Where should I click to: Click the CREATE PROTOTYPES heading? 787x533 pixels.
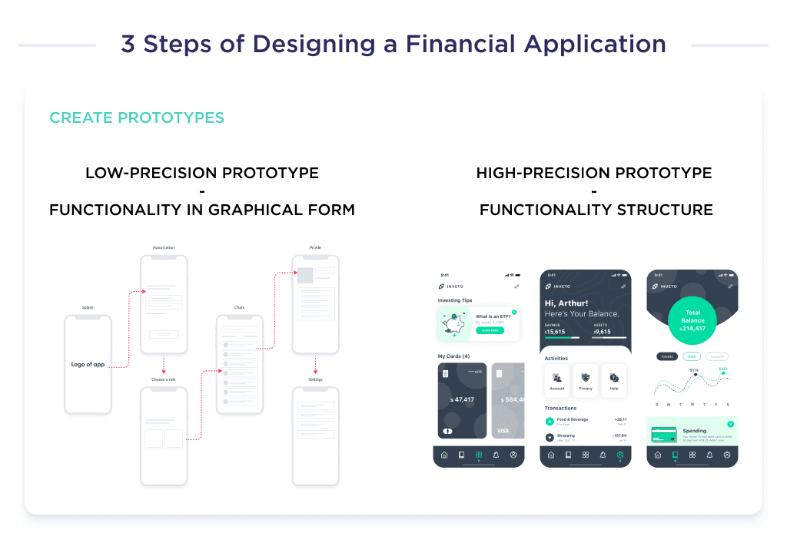click(137, 118)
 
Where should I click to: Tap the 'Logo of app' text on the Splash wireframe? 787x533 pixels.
click(88, 365)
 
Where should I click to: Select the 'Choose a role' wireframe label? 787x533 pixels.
click(163, 379)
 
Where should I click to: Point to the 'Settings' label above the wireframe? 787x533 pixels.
click(315, 379)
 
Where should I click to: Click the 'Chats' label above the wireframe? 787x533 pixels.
click(239, 307)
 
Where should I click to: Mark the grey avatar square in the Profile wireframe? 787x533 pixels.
click(305, 276)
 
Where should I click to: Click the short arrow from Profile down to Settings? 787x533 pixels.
click(315, 364)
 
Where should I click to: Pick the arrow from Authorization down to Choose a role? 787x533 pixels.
click(163, 364)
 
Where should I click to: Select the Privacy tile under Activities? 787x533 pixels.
click(586, 380)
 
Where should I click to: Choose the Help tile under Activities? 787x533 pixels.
click(614, 380)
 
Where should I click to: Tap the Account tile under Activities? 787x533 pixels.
click(557, 380)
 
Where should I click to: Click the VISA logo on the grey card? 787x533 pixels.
click(503, 431)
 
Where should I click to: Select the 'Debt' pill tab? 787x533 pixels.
click(692, 356)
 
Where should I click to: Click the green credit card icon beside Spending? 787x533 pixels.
click(663, 435)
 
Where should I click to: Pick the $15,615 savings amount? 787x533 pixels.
click(556, 332)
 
